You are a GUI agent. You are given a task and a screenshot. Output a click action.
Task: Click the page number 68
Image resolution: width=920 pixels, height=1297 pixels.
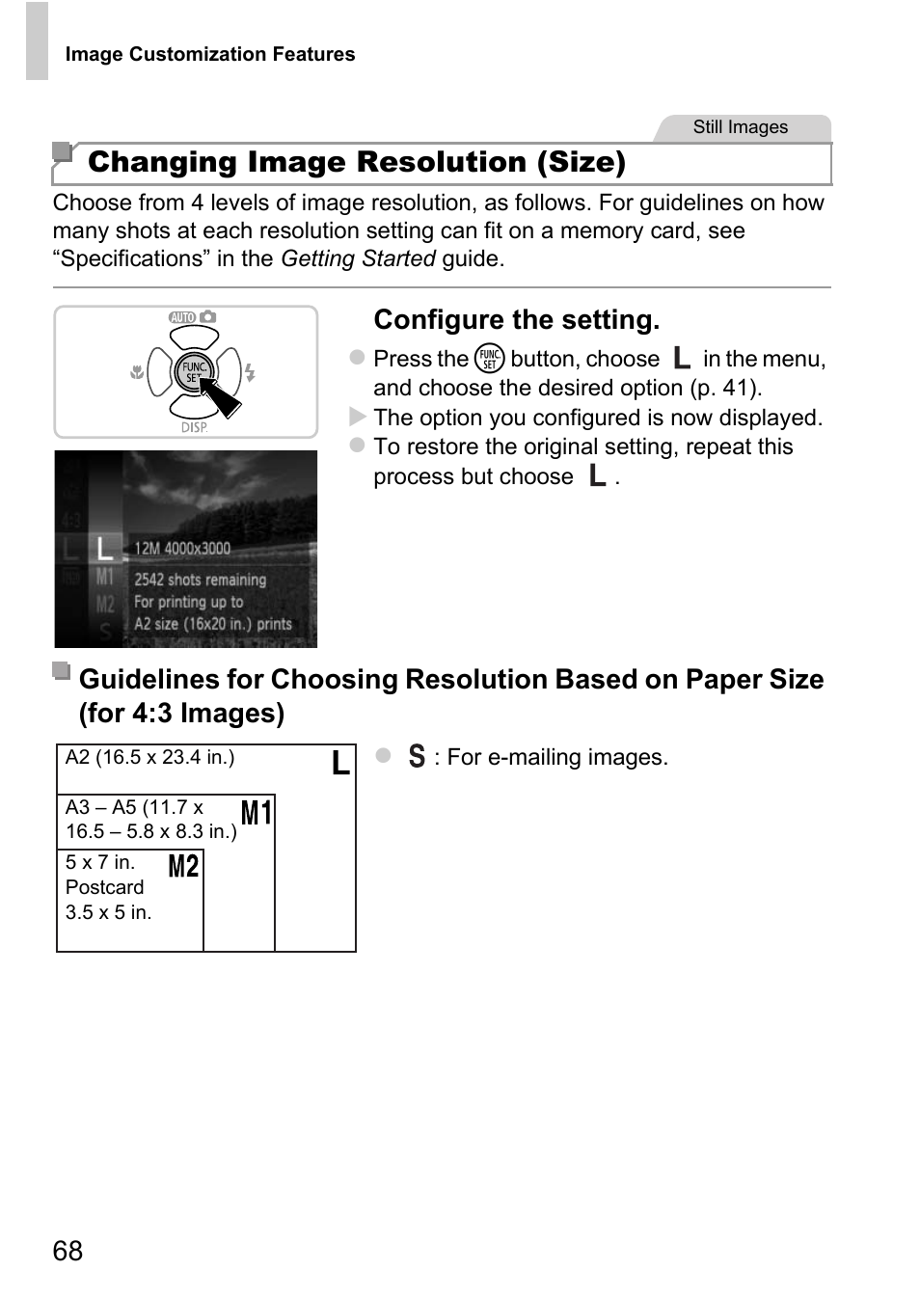pyautogui.click(x=68, y=1251)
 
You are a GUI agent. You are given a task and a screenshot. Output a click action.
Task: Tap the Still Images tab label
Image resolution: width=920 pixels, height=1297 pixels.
pyautogui.click(x=740, y=127)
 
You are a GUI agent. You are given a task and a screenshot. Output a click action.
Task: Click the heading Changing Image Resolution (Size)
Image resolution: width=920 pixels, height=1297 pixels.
pyautogui.click(x=356, y=162)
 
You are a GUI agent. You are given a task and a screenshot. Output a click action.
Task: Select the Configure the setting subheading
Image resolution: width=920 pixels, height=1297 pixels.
pyautogui.click(x=516, y=320)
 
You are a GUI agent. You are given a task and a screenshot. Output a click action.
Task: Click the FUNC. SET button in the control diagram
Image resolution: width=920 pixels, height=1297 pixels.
pyautogui.click(x=194, y=372)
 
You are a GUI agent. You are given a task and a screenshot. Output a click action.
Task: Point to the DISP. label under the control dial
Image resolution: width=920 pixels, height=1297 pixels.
pyautogui.click(x=194, y=426)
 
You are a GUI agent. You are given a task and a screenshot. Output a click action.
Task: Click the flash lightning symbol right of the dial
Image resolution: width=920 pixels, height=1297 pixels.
pyautogui.click(x=251, y=372)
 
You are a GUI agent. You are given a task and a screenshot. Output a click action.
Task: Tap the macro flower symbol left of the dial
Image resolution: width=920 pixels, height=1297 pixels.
pyautogui.click(x=137, y=372)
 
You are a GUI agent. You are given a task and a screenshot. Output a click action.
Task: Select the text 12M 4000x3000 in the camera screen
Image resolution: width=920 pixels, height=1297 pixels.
pyautogui.click(x=182, y=549)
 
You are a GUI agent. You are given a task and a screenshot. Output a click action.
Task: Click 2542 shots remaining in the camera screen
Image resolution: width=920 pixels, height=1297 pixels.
pyautogui.click(x=200, y=580)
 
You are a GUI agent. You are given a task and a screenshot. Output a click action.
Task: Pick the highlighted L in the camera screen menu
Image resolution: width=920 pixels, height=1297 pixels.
pyautogui.click(x=104, y=550)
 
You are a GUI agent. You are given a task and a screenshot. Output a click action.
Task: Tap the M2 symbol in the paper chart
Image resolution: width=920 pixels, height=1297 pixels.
pyautogui.click(x=183, y=866)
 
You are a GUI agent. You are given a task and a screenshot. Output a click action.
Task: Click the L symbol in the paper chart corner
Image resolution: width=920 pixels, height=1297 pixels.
pyautogui.click(x=340, y=763)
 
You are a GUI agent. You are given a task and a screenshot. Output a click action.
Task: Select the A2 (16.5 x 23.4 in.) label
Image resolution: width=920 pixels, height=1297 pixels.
pyautogui.click(x=149, y=758)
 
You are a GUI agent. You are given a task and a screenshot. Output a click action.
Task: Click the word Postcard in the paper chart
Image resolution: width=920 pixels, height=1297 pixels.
pyautogui.click(x=104, y=887)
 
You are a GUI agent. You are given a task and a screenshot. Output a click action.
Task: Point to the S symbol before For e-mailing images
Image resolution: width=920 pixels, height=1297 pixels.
pyautogui.click(x=417, y=756)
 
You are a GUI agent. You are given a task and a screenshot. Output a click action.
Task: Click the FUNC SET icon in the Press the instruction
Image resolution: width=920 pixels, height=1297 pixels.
pyautogui.click(x=490, y=359)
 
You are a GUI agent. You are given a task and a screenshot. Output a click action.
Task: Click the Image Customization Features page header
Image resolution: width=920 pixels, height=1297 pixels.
pyautogui.click(x=209, y=55)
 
